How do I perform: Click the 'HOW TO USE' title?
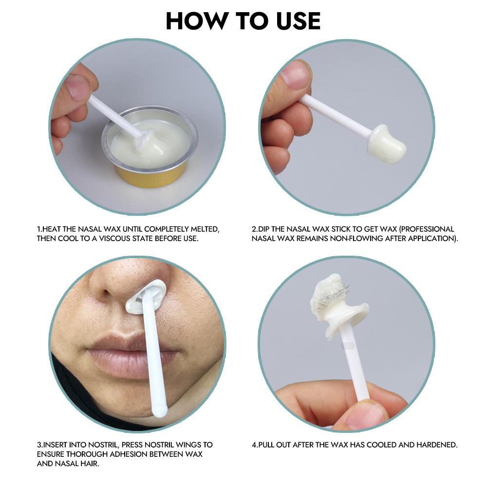pos(243,21)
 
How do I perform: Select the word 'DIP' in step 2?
pos(265,229)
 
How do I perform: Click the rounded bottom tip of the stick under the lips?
pos(159,412)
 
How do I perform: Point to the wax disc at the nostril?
pos(146,298)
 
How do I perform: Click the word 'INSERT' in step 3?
pos(55,445)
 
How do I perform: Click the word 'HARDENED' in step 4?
pos(438,445)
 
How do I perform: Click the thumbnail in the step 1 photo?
pos(78,88)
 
